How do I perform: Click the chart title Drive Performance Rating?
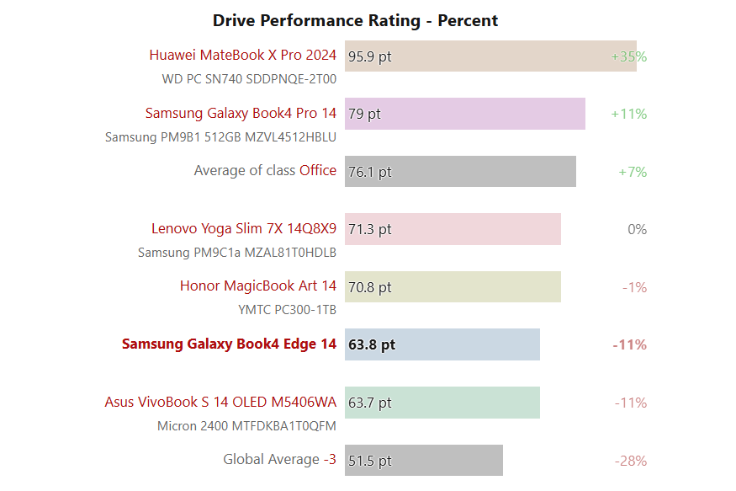355,20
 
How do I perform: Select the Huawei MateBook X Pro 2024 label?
242,56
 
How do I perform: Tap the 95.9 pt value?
370,57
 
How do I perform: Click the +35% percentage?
628,57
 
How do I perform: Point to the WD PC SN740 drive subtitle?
249,79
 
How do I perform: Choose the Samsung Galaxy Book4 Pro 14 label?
241,113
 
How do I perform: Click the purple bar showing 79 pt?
464,114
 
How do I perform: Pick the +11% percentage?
628,114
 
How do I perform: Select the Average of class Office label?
265,170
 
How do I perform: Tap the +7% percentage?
633,172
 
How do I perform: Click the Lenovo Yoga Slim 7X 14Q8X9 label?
244,228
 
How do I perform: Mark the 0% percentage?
637,229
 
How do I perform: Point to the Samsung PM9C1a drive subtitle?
236,252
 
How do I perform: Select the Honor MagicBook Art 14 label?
257,286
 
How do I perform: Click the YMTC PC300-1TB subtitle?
287,310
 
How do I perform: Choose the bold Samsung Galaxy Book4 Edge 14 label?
229,344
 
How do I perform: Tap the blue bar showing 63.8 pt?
442,344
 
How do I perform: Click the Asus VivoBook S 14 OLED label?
220,402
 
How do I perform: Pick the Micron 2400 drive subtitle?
246,425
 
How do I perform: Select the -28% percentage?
630,461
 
